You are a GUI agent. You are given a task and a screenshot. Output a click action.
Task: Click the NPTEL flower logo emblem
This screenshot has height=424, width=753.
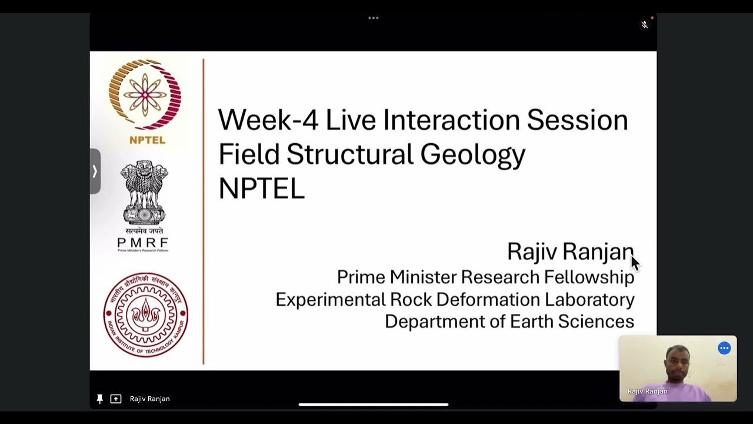coord(144,94)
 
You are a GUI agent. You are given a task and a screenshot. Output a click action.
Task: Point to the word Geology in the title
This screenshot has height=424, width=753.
coord(472,154)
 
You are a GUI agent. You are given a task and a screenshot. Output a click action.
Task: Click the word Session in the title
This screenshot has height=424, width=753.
coord(577,120)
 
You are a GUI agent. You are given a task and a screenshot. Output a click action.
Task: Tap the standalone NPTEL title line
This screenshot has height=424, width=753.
coord(261,188)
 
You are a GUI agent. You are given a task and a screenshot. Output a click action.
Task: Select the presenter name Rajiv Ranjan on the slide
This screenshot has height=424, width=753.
coord(569,251)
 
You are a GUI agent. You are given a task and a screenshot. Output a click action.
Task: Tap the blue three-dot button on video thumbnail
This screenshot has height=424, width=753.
coord(724,348)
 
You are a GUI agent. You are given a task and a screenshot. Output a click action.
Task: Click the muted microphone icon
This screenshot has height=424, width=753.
coord(645,25)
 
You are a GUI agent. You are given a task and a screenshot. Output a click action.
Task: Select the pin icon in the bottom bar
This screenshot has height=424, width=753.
coord(100,399)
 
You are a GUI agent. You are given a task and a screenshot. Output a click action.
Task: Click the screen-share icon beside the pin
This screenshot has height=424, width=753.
coord(116,399)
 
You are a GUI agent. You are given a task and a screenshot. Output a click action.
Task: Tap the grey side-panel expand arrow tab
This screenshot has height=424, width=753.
coord(95,171)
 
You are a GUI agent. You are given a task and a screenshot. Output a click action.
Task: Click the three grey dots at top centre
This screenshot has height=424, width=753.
coord(374,18)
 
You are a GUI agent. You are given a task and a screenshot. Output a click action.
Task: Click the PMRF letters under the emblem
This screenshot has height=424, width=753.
coord(142,243)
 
